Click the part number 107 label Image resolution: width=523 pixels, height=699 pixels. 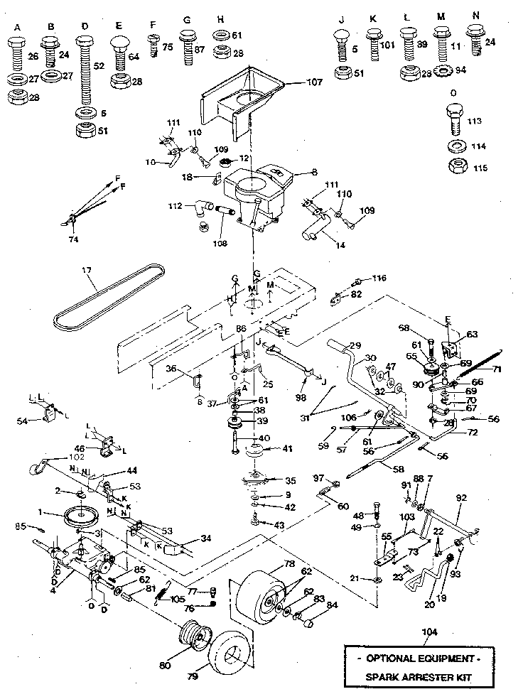[314, 82]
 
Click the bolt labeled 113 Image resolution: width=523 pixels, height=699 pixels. [455, 121]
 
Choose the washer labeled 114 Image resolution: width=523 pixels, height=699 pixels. [455, 146]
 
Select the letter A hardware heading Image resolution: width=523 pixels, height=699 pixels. [17, 27]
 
